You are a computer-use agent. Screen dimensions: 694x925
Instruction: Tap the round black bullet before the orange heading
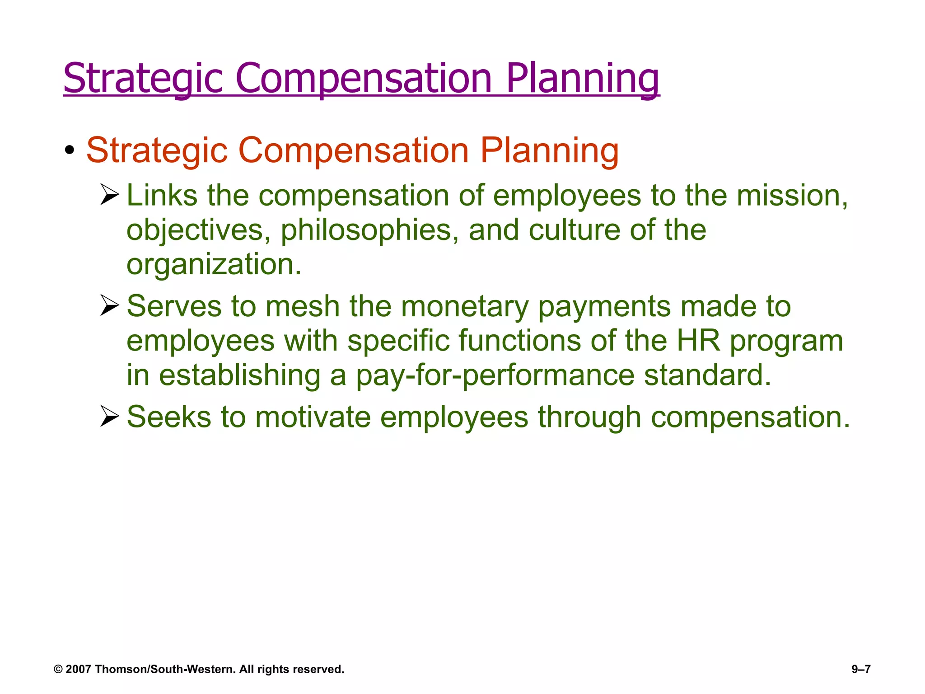(69, 150)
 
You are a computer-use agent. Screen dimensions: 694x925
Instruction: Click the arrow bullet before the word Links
(109, 195)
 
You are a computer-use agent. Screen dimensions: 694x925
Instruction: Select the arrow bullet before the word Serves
(109, 305)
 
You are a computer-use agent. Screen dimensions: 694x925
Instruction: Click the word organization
(213, 264)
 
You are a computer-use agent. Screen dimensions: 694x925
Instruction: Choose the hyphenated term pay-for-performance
(495, 375)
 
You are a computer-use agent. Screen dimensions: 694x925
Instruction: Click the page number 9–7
(861, 669)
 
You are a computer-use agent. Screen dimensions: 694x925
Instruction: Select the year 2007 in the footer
(78, 669)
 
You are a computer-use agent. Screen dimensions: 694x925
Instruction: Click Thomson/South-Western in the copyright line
(165, 669)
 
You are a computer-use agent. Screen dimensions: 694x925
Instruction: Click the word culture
(574, 230)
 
